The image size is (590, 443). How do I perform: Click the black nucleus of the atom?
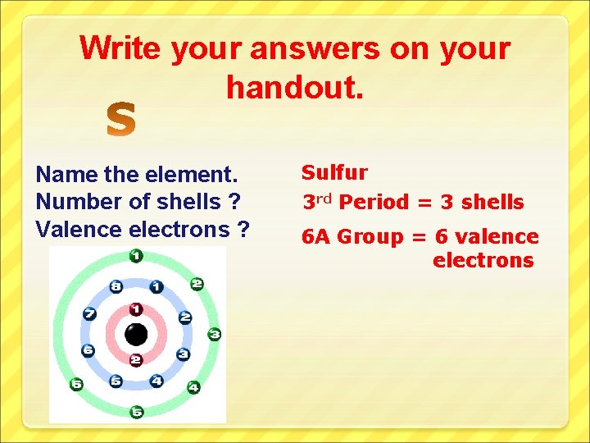tap(136, 335)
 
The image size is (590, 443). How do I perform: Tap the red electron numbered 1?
tap(136, 309)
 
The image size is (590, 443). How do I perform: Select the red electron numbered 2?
tap(136, 360)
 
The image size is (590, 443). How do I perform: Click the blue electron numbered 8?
tap(116, 287)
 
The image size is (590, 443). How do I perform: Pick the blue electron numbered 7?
tap(90, 314)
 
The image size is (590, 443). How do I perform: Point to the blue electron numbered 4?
tap(156, 381)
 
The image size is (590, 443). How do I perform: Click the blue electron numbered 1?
tap(156, 287)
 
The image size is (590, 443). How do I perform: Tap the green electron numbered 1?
tap(136, 256)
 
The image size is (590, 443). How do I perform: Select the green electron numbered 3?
tap(214, 334)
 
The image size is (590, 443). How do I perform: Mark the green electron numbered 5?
tap(136, 412)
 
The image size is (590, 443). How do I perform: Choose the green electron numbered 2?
tap(197, 284)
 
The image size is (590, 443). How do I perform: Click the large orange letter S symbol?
tap(121, 120)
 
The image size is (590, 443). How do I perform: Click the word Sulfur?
tap(334, 172)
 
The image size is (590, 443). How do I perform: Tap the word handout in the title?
tap(293, 84)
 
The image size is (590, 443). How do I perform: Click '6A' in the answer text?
tap(316, 237)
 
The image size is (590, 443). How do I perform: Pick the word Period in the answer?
tap(372, 202)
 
